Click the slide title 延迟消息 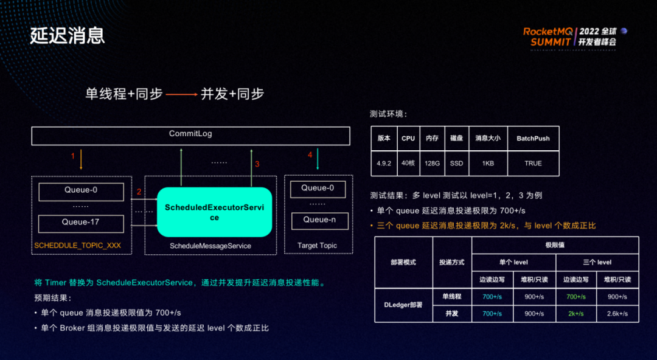[x=68, y=35]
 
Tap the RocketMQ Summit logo [x=575, y=36]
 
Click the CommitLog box [x=190, y=135]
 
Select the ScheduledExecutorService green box [x=214, y=212]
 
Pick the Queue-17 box [x=81, y=223]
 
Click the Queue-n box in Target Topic [x=319, y=220]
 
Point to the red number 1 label [x=73, y=156]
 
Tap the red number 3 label [x=257, y=164]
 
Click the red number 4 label [x=310, y=156]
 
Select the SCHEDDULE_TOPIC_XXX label [x=78, y=246]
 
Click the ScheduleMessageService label [x=210, y=246]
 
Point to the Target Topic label [x=317, y=246]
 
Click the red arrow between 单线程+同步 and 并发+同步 [x=181, y=95]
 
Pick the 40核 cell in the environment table [x=408, y=164]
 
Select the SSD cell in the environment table [x=456, y=164]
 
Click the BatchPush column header [x=533, y=139]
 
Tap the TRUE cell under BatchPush [x=533, y=164]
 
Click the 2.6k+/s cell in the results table [x=617, y=314]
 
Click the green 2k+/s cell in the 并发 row [x=575, y=314]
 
